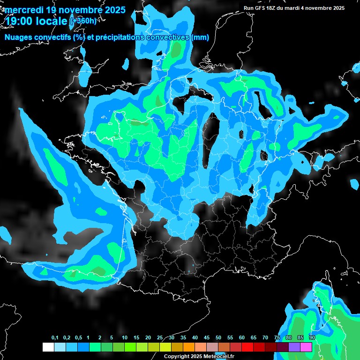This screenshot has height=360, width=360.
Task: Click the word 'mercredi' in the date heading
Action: pos(24,9)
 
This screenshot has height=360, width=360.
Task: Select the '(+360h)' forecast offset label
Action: pos(83,21)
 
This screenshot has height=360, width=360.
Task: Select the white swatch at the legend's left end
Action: pos(48,347)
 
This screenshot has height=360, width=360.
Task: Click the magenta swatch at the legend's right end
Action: pos(306,347)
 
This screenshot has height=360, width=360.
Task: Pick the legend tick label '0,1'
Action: pos(55,338)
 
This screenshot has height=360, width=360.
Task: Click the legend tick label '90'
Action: pos(312,338)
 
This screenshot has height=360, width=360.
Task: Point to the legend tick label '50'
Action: pos(218,338)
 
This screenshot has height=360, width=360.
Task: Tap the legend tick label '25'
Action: pos(160,338)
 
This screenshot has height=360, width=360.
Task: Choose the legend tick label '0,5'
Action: pos(78,338)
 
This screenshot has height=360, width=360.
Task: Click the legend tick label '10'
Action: pos(125,338)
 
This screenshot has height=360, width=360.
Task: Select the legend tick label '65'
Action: pos(254,338)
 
